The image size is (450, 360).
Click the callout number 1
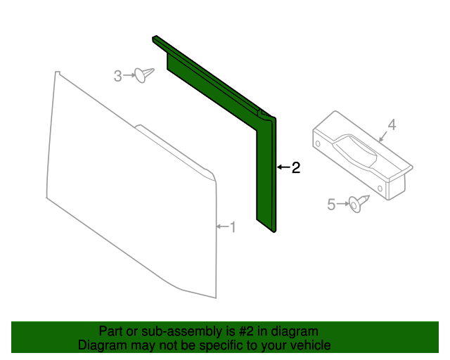(x=233, y=227)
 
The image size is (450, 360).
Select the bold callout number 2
(x=296, y=167)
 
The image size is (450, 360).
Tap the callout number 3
(x=117, y=76)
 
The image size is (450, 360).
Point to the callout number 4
(x=392, y=125)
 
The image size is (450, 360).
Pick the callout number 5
(x=331, y=205)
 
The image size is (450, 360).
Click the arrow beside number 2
(x=284, y=167)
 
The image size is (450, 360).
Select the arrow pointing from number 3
(x=129, y=75)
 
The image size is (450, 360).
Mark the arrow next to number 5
(x=342, y=203)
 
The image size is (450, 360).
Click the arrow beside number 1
(x=222, y=226)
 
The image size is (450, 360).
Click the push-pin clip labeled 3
(x=144, y=75)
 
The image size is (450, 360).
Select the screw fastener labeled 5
(x=359, y=203)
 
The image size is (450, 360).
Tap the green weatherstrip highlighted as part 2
(x=266, y=172)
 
